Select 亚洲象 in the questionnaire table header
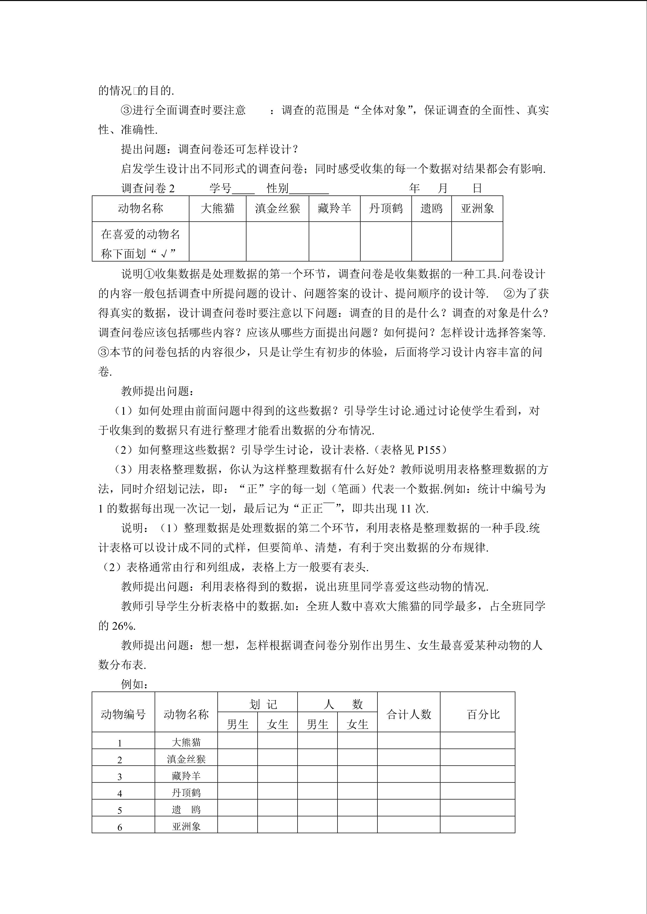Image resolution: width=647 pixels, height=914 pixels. (477, 208)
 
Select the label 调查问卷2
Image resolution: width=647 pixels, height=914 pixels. (148, 188)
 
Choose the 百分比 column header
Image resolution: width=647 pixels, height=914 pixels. (483, 714)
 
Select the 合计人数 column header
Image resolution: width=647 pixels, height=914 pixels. (409, 714)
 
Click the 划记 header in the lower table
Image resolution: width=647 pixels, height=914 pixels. (263, 705)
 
